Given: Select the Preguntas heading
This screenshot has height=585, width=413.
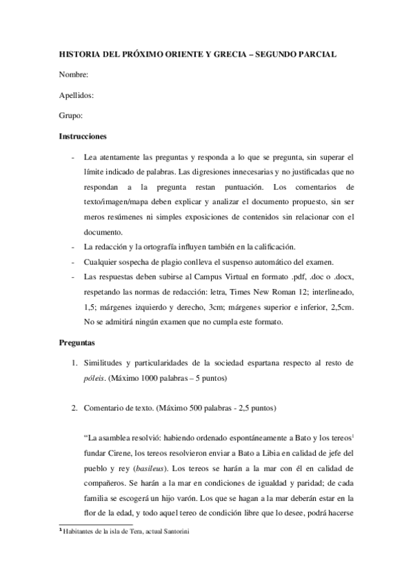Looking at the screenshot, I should click(77, 341).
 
